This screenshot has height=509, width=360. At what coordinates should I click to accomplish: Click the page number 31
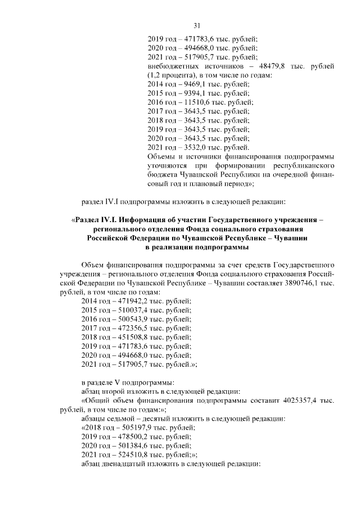[197, 25]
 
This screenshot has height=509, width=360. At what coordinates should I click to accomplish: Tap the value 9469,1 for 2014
[186, 83]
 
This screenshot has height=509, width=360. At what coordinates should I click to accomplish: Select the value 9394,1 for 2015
[186, 92]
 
